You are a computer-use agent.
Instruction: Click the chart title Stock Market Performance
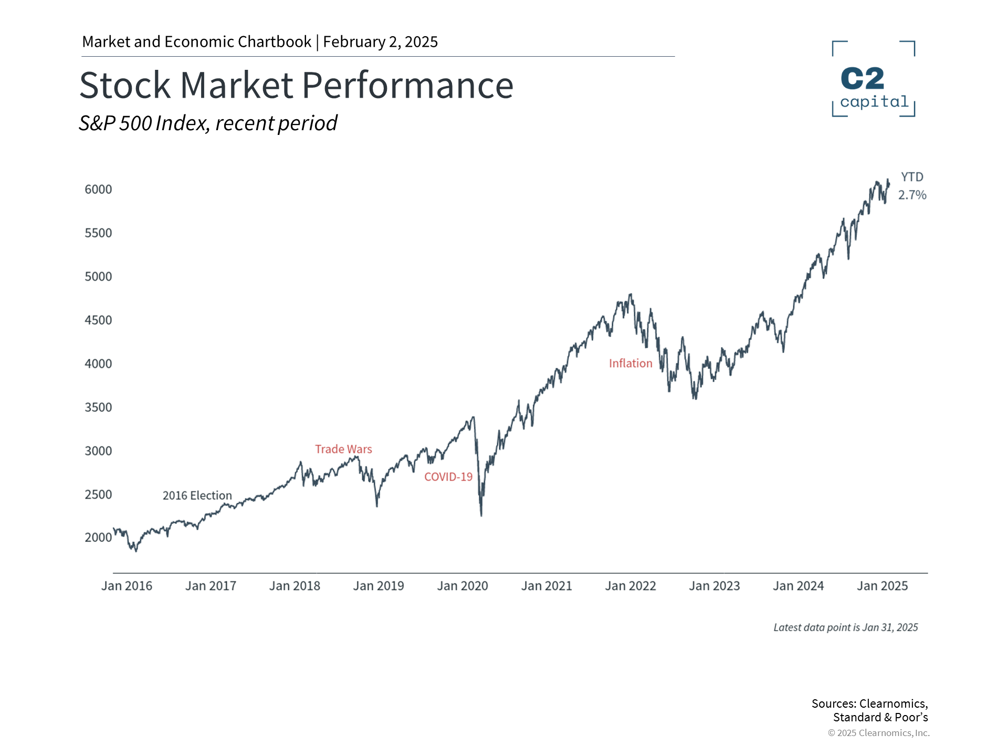click(x=296, y=85)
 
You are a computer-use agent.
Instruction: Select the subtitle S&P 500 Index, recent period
click(x=208, y=123)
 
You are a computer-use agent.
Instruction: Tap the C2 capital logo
click(x=874, y=79)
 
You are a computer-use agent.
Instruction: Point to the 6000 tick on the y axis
click(x=98, y=190)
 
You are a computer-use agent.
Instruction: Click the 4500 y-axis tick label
click(x=98, y=320)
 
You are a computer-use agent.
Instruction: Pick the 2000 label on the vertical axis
click(x=98, y=538)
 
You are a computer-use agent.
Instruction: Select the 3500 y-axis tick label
click(x=98, y=407)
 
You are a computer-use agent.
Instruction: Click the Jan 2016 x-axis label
click(x=127, y=586)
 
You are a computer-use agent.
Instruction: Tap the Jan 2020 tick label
click(x=463, y=586)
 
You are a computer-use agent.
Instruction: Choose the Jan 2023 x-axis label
click(x=714, y=586)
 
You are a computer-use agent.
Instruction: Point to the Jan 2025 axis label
click(x=882, y=586)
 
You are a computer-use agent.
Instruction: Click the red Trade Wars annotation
click(x=343, y=449)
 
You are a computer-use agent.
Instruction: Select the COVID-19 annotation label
click(x=448, y=477)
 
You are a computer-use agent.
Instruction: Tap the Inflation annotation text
click(x=631, y=363)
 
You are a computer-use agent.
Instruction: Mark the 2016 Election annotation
click(x=197, y=496)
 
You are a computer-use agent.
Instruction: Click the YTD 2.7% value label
click(x=912, y=186)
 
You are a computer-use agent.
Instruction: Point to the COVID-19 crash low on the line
click(x=481, y=514)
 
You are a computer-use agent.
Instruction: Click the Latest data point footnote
click(x=845, y=627)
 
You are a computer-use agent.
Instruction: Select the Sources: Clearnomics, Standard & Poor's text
click(x=870, y=710)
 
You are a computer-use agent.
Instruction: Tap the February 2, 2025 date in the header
click(x=380, y=42)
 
